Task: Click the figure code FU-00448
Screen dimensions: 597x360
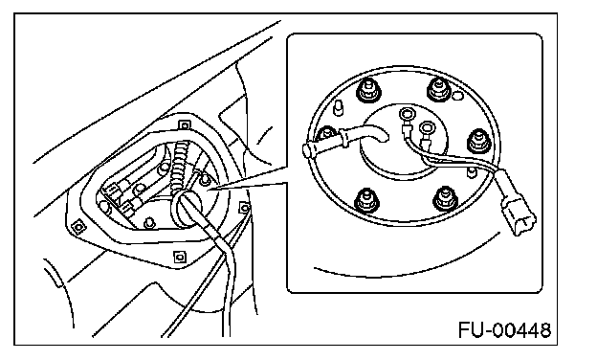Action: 505,330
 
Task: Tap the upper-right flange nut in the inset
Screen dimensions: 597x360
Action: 439,89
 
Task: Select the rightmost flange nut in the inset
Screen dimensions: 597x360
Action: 478,141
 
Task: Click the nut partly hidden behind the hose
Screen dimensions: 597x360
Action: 325,134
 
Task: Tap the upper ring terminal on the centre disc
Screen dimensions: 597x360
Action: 406,114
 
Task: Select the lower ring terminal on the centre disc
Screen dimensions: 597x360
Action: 426,126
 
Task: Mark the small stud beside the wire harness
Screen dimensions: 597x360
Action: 472,171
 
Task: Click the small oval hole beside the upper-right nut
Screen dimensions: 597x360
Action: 457,95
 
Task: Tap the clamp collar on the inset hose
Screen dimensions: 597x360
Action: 344,137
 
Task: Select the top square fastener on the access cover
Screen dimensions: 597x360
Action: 185,125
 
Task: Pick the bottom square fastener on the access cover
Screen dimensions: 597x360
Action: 179,258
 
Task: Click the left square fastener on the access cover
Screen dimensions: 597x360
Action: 78,227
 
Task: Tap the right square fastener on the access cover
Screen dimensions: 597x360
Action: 244,208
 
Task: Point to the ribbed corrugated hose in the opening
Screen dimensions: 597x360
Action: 179,166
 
